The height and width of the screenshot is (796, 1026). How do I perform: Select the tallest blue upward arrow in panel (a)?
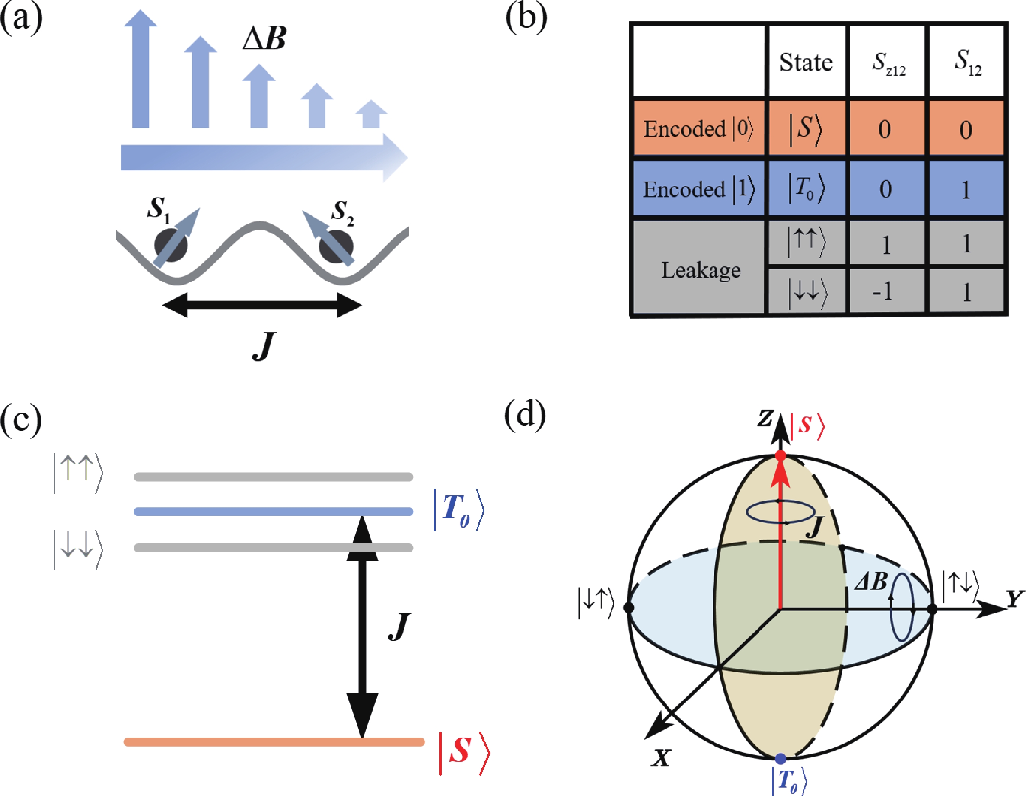(140, 70)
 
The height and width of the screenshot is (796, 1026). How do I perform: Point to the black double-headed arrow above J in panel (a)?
(262, 305)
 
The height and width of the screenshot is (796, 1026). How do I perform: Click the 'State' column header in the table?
(806, 63)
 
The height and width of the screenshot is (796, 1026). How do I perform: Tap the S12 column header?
(967, 63)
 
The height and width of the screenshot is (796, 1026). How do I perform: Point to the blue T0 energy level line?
(273, 511)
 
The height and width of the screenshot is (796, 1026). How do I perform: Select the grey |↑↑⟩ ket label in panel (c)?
(77, 473)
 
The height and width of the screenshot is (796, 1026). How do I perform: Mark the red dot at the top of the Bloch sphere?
(780, 455)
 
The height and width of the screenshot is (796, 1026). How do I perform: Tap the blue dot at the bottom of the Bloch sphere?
(780, 758)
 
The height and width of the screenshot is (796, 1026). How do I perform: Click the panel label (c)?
(21, 419)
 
